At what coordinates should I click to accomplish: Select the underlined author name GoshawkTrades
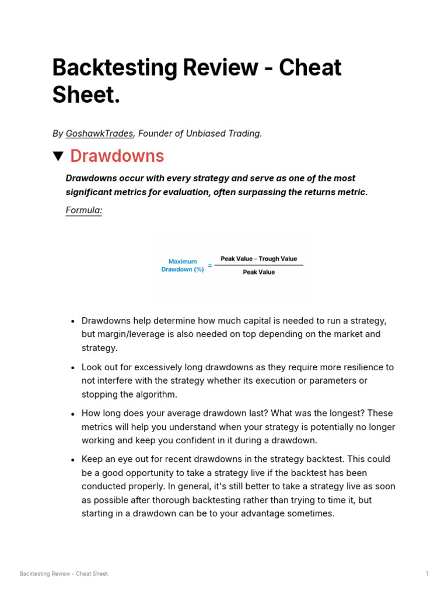pyautogui.click(x=99, y=134)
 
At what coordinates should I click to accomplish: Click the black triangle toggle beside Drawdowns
pyautogui.click(x=58, y=157)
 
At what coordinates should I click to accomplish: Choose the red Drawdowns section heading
pyautogui.click(x=117, y=157)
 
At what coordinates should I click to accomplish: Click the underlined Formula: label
pyautogui.click(x=83, y=210)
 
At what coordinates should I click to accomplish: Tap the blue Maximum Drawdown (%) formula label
pyautogui.click(x=183, y=266)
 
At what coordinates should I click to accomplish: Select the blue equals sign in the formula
pyautogui.click(x=210, y=266)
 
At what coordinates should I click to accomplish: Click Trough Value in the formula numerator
pyautogui.click(x=278, y=259)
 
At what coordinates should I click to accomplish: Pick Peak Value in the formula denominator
pyautogui.click(x=258, y=272)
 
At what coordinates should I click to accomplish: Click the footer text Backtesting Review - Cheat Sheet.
pyautogui.click(x=64, y=573)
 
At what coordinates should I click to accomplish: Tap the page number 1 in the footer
pyautogui.click(x=426, y=573)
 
